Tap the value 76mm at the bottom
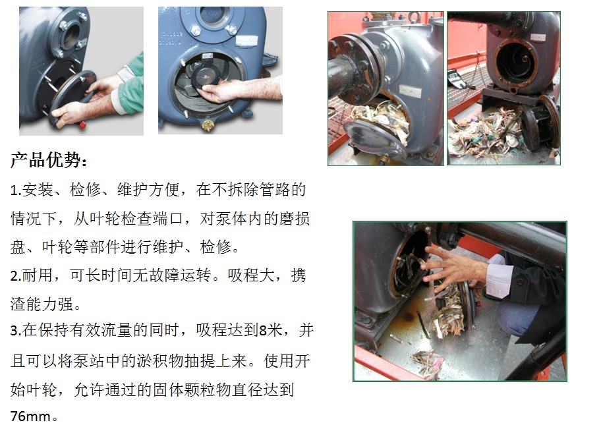30,416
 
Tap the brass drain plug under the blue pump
207,125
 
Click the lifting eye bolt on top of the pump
414,16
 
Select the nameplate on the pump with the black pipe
410,91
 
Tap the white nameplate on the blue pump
246,41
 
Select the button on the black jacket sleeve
520,281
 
